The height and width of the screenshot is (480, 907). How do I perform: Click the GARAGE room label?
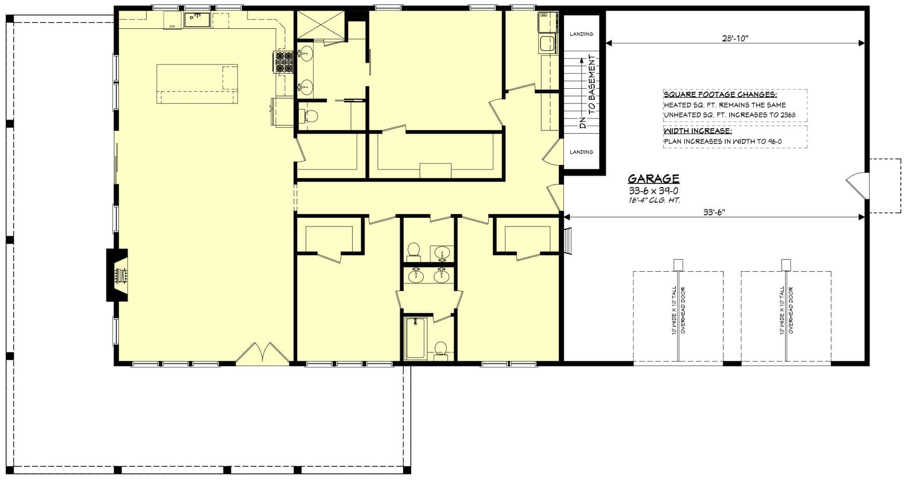[x=653, y=178]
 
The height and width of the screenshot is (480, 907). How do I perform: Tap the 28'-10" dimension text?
[x=735, y=38]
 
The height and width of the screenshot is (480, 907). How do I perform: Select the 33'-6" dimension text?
[x=714, y=212]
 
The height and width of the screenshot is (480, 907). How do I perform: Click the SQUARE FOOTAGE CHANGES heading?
[x=720, y=95]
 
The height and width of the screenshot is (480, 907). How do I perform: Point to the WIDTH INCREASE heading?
[x=697, y=131]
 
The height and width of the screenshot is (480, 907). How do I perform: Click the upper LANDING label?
[x=581, y=34]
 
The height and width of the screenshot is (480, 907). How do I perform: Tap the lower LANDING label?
[x=581, y=152]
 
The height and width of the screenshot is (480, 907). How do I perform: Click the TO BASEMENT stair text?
[x=592, y=83]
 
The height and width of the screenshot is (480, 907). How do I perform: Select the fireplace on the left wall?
[x=117, y=275]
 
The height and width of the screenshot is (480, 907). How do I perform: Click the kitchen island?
[x=197, y=84]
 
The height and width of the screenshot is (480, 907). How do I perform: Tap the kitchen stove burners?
[x=284, y=62]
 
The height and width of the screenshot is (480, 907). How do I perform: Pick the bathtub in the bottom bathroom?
[x=416, y=337]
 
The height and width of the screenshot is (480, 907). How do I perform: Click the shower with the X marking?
[x=319, y=25]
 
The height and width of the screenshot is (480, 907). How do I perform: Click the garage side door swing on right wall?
[x=857, y=185]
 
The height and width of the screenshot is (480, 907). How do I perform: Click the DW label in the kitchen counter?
[x=172, y=26]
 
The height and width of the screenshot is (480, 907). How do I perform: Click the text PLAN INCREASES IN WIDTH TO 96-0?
[x=722, y=142]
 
